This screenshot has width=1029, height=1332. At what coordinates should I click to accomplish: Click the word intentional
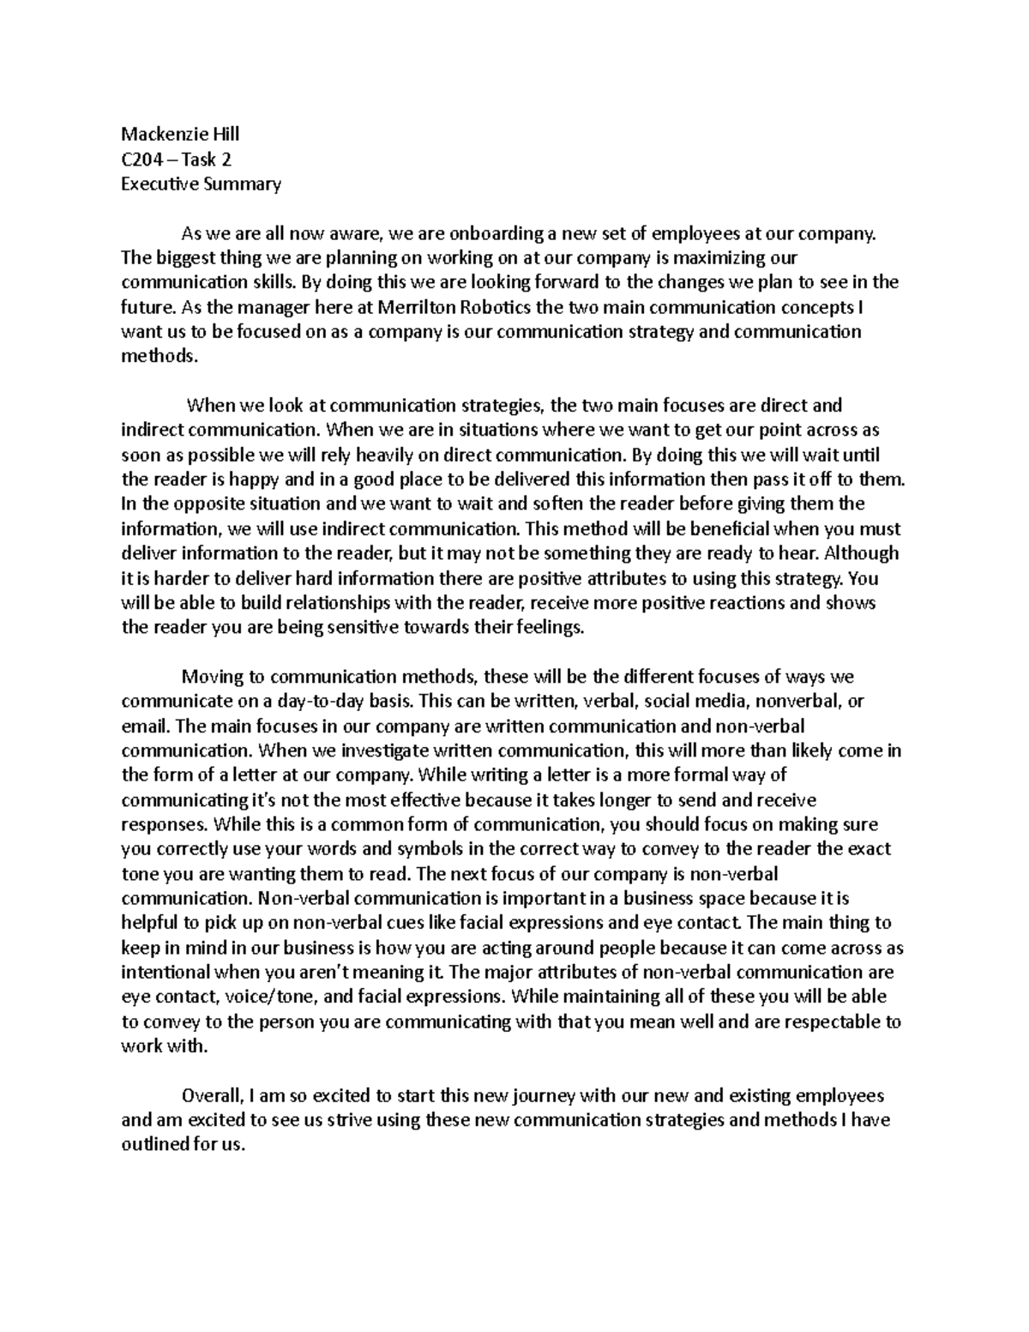coord(165,973)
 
